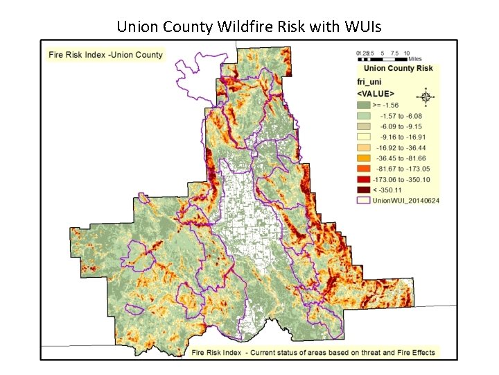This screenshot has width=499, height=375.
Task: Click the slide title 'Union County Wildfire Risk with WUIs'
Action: pyautogui.click(x=249, y=27)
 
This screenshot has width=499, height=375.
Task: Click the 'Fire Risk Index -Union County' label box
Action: pyautogui.click(x=105, y=55)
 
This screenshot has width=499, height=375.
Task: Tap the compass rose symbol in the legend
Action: pyautogui.click(x=426, y=97)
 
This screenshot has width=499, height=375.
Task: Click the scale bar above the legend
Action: pyautogui.click(x=383, y=58)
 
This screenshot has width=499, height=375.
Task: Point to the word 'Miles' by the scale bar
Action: pyautogui.click(x=414, y=59)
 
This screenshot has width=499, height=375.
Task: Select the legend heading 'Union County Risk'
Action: pyautogui.click(x=398, y=68)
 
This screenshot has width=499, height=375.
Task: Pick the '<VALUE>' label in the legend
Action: pyautogui.click(x=376, y=92)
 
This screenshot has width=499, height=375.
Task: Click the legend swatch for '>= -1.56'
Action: pyautogui.click(x=362, y=104)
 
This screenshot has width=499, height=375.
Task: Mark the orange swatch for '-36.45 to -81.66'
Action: pyautogui.click(x=362, y=158)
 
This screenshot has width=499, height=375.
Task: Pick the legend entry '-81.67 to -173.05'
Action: pyautogui.click(x=403, y=169)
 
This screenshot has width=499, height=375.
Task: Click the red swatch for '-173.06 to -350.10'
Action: pyautogui.click(x=362, y=179)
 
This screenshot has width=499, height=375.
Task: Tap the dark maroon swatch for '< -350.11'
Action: pyautogui.click(x=362, y=190)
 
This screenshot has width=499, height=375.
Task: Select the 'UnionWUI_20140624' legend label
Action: pyautogui.click(x=405, y=200)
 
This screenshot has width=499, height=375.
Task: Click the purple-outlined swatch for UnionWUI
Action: pyautogui.click(x=362, y=200)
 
